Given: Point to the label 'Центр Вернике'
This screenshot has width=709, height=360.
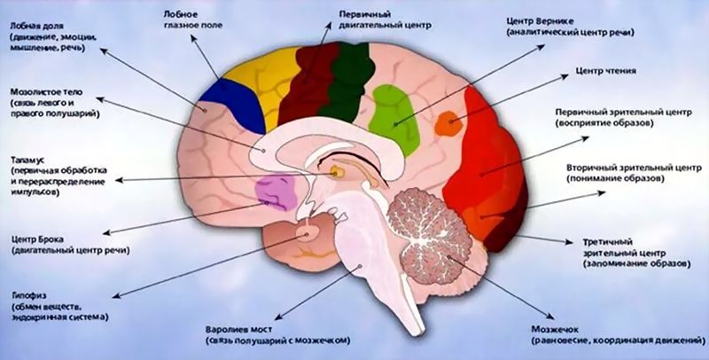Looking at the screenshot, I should [x=543, y=19].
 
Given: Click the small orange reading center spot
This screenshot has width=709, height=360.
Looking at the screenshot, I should [x=448, y=123].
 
